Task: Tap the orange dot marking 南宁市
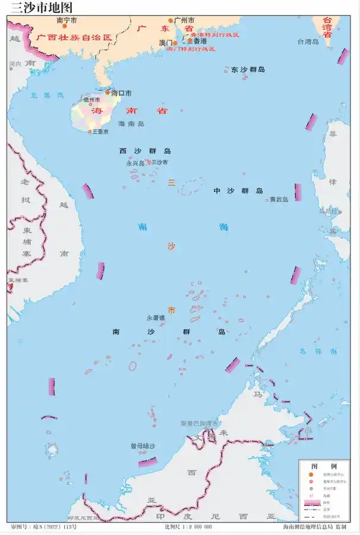(67, 26)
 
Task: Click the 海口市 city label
(121, 93)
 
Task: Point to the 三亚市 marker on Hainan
(90, 131)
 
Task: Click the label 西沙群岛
(145, 151)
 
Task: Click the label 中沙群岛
(238, 191)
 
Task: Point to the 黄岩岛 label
(279, 200)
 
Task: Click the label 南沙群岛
(169, 331)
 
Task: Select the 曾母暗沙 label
(143, 445)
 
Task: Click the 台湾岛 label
(308, 42)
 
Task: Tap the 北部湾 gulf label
(48, 95)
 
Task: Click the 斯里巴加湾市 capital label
(200, 423)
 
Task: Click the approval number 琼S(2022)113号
(52, 527)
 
